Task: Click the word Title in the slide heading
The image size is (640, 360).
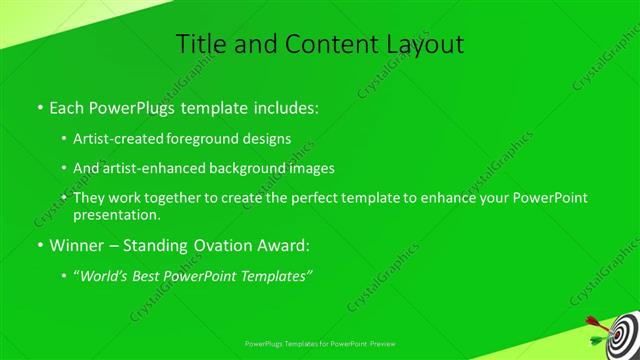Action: (199, 44)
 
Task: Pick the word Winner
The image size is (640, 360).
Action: (77, 245)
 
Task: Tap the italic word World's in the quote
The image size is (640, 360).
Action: (108, 276)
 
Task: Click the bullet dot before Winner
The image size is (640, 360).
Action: (39, 245)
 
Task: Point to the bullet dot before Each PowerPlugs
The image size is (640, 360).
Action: (39, 106)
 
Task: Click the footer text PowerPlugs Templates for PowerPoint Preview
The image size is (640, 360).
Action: (319, 342)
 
